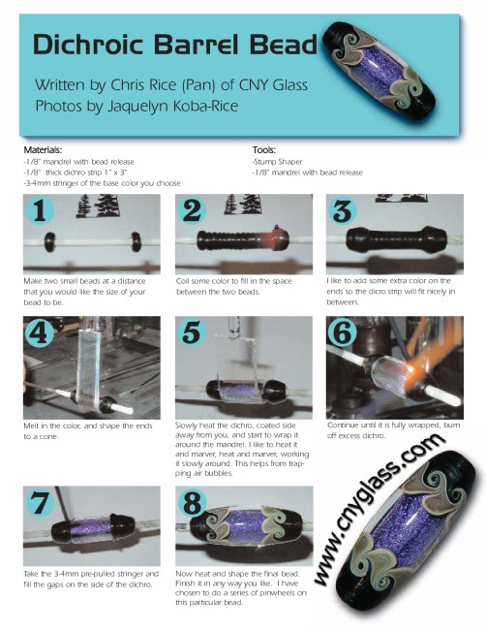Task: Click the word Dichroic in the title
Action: (88, 44)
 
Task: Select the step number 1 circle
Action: (40, 210)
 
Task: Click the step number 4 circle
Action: (39, 331)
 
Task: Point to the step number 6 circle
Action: (343, 331)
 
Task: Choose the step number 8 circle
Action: (192, 501)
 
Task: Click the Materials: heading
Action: (43, 150)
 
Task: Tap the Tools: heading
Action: (263, 150)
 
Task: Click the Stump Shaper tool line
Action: (277, 162)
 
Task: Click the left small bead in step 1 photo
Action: (49, 241)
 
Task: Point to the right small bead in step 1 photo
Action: (137, 241)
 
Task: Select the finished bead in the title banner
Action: (380, 71)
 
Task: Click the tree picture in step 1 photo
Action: (97, 205)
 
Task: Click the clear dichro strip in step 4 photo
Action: (89, 366)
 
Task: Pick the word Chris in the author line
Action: (129, 84)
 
